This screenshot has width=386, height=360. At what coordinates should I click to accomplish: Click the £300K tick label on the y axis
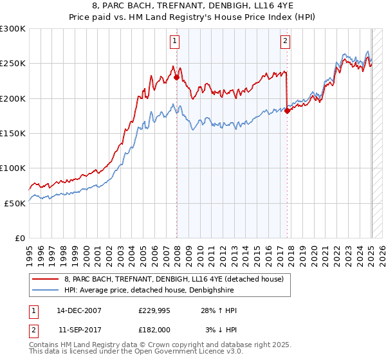pos(13,29)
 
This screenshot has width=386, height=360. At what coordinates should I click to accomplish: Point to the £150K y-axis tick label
pos(13,133)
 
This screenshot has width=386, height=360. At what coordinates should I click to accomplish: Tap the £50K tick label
pos(15,203)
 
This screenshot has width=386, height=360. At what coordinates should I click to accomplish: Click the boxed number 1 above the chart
pos(175,42)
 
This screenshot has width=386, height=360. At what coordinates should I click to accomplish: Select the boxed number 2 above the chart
pos(285,42)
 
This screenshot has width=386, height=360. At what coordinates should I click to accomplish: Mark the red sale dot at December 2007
pos(177,78)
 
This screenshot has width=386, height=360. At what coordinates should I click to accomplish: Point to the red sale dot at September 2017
pos(288,111)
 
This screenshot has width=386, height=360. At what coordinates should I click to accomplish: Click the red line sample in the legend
pos(46,279)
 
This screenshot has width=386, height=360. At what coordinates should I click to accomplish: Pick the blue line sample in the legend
pos(46,290)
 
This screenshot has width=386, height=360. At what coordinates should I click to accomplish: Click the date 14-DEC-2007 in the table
pos(79,311)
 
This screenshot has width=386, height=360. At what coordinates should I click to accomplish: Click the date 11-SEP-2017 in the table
pos(79,330)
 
